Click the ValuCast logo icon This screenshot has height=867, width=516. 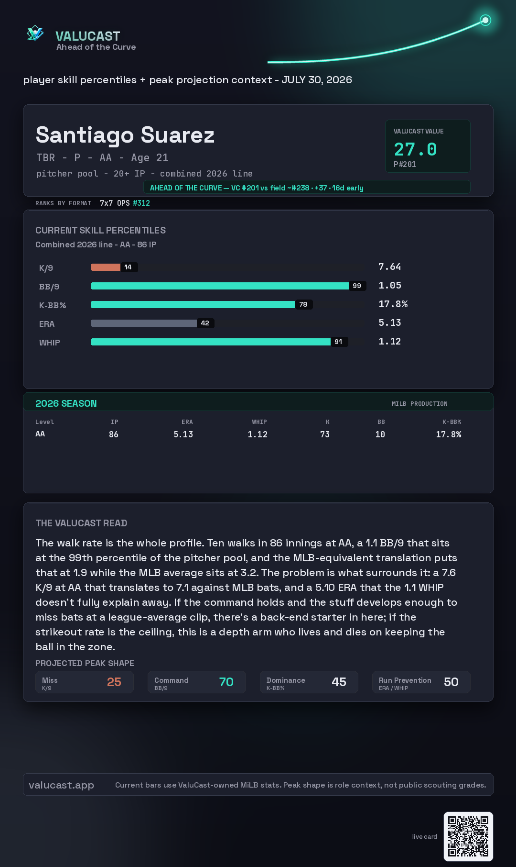[x=35, y=33]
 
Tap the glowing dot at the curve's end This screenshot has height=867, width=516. [x=485, y=20]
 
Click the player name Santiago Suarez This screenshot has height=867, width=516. [x=125, y=135]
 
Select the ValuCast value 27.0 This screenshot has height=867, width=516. [x=415, y=149]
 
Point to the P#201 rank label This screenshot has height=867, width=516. [x=405, y=165]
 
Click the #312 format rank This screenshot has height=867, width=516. [x=141, y=203]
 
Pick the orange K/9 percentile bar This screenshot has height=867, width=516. [x=106, y=267]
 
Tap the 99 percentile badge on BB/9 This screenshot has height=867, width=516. [x=357, y=286]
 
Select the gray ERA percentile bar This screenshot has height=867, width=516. [x=144, y=323]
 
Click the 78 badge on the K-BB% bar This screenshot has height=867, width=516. [x=303, y=304]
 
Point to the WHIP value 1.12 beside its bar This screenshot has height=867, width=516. [x=390, y=341]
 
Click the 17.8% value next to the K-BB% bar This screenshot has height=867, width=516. [x=393, y=304]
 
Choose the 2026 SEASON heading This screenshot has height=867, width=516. [x=66, y=403]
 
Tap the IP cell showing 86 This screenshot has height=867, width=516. [x=114, y=434]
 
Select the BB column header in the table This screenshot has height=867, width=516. [x=381, y=422]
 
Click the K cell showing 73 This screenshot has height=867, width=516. [x=325, y=434]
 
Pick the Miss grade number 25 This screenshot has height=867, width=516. [x=114, y=682]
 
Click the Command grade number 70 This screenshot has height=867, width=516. [x=226, y=682]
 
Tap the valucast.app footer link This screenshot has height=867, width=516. [x=61, y=785]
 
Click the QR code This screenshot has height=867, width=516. [x=468, y=836]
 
